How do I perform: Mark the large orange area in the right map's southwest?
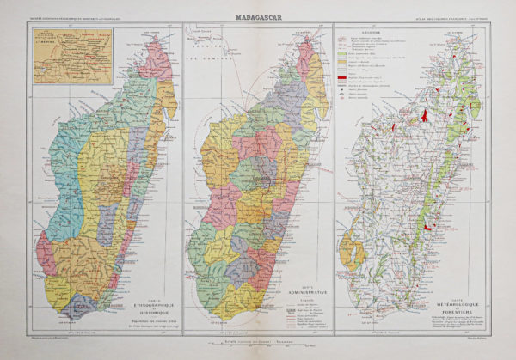pyautogui.click(x=348, y=253)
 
